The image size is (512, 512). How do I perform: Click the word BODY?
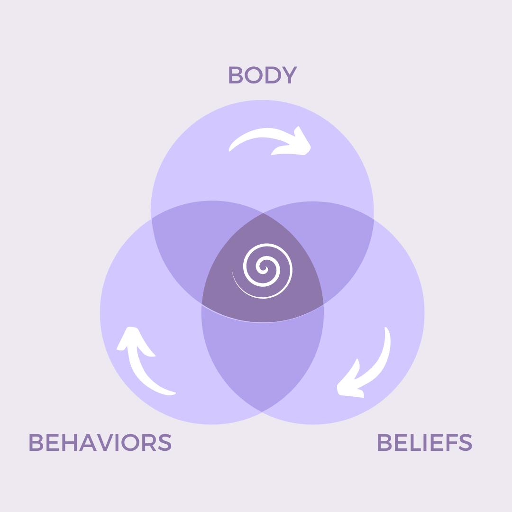262,75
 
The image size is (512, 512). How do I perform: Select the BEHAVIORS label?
100,442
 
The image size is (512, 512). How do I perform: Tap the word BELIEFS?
424,442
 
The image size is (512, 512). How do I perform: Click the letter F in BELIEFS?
447,442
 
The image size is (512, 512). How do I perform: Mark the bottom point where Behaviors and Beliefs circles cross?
262,411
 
